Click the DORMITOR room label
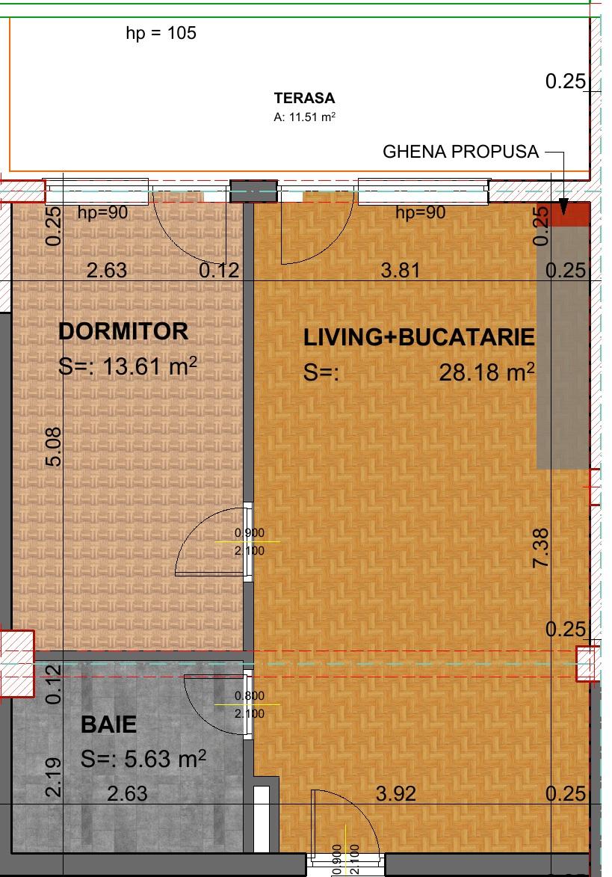pos(123,331)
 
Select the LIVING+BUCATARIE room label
pos(419,338)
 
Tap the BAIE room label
pos(109,724)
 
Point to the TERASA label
pos(304,98)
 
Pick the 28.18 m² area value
pos(486,372)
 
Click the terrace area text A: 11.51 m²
pos(304,117)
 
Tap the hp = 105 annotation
pos(161,34)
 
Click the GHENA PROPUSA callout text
pos(460,152)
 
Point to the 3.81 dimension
pos(401,271)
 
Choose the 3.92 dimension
pos(395,793)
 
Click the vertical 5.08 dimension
pos(53,446)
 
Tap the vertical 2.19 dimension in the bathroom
pos(53,778)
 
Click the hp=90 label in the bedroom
pos(103,213)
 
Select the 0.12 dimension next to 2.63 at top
pos(219,271)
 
